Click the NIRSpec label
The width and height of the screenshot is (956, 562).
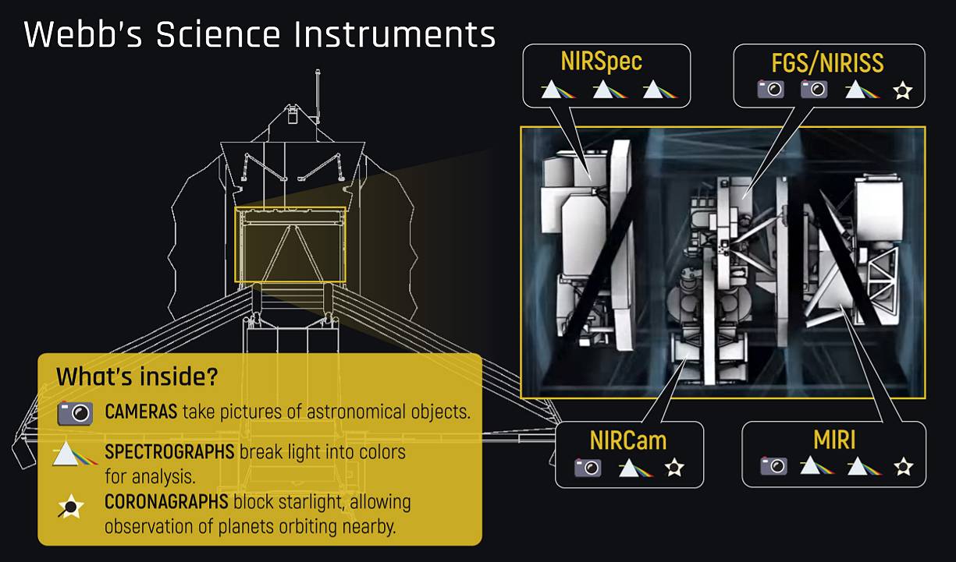point(602,62)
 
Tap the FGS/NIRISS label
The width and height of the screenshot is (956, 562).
point(827,63)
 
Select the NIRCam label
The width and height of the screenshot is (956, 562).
point(628,440)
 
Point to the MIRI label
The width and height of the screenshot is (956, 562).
point(834,440)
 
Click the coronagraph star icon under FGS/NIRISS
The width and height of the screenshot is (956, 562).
point(903,90)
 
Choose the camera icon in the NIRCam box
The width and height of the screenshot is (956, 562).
point(588,468)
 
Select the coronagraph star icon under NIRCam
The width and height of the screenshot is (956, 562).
point(674,468)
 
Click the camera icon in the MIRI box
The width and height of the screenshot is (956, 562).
point(773,465)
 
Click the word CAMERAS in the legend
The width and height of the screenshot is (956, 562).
point(140,412)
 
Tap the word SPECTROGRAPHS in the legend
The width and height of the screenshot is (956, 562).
point(169,452)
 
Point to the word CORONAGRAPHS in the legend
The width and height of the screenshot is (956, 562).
point(166,502)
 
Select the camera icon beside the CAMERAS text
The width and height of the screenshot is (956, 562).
point(76,413)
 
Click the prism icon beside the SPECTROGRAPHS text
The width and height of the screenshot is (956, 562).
point(75,454)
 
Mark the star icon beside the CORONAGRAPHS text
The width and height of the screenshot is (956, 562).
point(71,506)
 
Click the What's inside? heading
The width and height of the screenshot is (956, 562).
point(137,376)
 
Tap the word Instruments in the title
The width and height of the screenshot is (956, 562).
point(395,34)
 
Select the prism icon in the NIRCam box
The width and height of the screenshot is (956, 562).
point(636,468)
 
